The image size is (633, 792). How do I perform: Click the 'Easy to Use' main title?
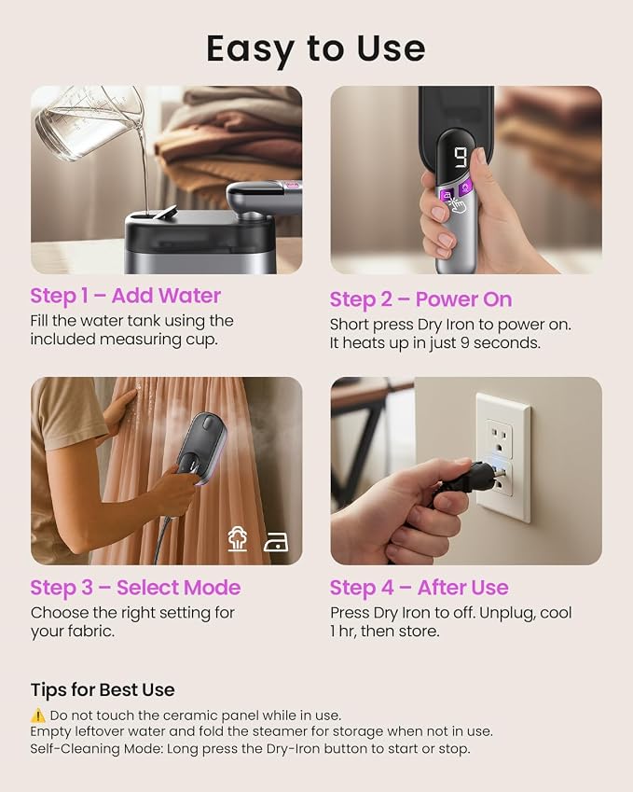[316, 49]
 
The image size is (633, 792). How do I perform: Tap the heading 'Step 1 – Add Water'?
[125, 296]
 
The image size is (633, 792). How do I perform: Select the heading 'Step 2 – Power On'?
[421, 299]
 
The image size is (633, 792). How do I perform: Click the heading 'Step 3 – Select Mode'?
[135, 588]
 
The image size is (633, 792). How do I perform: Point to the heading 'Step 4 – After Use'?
[419, 588]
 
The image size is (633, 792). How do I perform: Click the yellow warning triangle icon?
[38, 716]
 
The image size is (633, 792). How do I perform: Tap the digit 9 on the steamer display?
[461, 158]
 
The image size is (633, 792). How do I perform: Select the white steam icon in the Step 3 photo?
[237, 539]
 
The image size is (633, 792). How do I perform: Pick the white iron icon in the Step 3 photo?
[276, 542]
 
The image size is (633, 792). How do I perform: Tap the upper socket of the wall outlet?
[500, 439]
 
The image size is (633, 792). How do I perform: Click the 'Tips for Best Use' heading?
[103, 690]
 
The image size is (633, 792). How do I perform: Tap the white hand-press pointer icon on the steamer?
[457, 204]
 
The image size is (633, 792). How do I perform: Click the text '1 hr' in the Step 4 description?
[342, 632]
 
